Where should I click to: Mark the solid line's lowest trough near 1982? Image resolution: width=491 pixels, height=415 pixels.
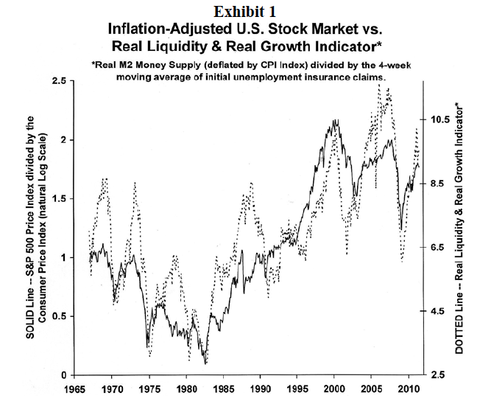[205, 363]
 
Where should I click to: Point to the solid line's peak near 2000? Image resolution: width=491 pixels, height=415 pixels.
[335, 120]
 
